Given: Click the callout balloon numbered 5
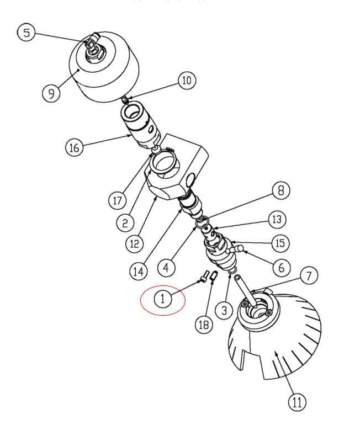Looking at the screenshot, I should (27, 33).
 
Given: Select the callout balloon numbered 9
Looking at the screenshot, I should (51, 92).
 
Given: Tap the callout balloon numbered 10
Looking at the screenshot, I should (187, 81).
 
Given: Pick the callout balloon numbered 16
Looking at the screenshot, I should (75, 148).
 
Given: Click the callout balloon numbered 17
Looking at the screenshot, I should (117, 200).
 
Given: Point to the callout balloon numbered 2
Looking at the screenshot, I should (125, 222).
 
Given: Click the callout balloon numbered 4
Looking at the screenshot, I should (166, 268).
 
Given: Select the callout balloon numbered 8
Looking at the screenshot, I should (280, 191).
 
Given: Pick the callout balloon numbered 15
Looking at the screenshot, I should (280, 243).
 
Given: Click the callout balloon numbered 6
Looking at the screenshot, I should (281, 268).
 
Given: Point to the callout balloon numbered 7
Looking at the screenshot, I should (309, 275).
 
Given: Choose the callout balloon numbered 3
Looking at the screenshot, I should (224, 311).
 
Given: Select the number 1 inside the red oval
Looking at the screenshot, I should (163, 300).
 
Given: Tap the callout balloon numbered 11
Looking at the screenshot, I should (298, 402).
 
